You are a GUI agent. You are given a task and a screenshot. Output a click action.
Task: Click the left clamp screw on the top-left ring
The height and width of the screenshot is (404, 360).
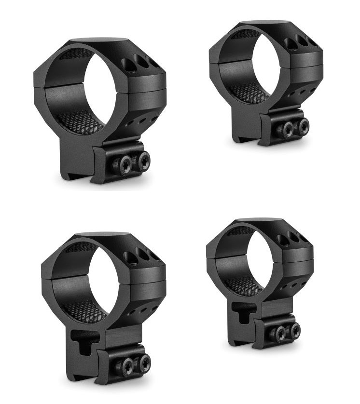point(123,165)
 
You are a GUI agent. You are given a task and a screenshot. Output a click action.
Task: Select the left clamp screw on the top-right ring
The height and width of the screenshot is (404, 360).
point(286,130)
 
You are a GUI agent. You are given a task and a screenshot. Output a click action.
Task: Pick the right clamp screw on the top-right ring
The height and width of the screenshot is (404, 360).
point(303,126)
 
